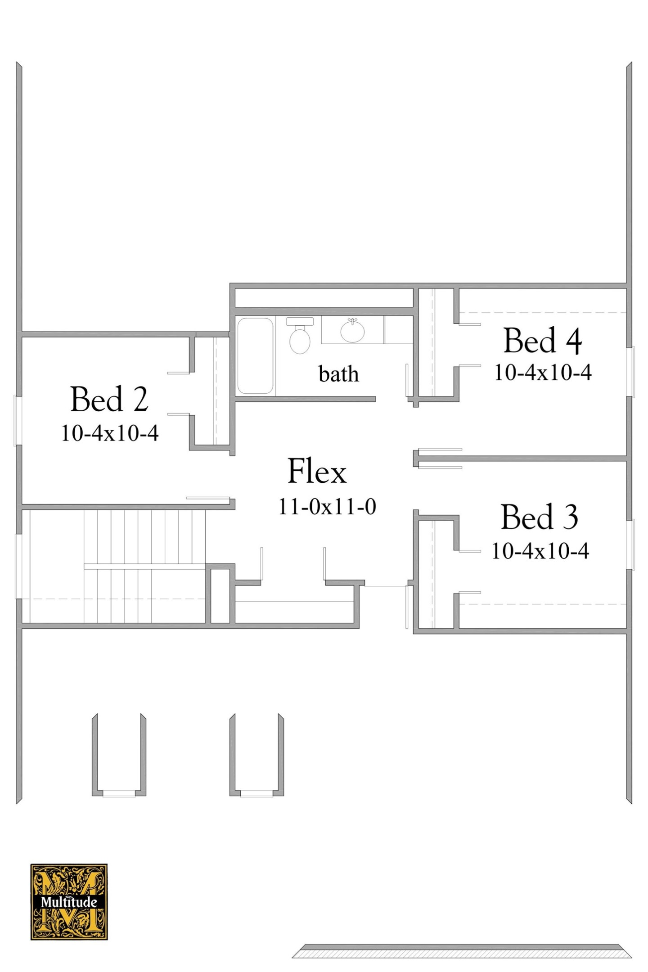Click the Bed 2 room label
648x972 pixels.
[x=109, y=399]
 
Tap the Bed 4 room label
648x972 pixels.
[x=542, y=341]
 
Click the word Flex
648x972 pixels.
[x=317, y=471]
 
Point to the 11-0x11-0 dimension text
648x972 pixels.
[x=327, y=507]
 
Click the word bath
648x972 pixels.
[x=338, y=374]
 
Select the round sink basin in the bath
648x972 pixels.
[x=352, y=332]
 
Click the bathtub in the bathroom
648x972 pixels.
[x=255, y=356]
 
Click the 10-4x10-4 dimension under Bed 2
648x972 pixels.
[x=109, y=433]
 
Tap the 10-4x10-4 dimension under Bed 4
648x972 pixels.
[x=542, y=373]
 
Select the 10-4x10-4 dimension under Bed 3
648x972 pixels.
[x=540, y=551]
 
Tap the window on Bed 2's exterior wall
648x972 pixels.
[x=18, y=420]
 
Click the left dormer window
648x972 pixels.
[x=119, y=794]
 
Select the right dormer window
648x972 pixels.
[x=256, y=794]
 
